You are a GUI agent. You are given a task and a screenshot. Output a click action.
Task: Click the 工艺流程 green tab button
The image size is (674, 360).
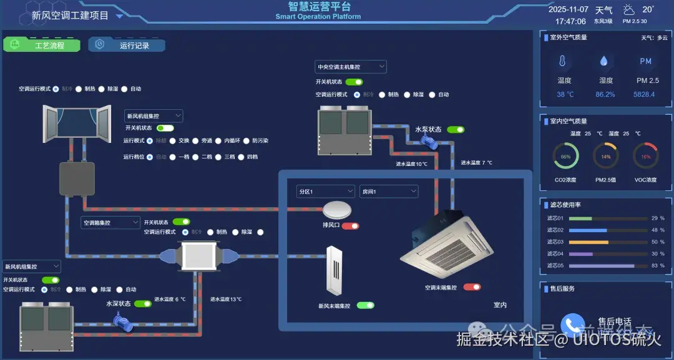click(42, 45)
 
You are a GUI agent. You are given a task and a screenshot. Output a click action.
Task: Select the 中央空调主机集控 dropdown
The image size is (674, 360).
click(351, 67)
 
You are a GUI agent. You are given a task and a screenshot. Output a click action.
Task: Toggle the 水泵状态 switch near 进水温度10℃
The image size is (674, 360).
click(456, 130)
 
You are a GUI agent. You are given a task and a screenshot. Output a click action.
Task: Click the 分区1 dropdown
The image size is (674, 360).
click(325, 192)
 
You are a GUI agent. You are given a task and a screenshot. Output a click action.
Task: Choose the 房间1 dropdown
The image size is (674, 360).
click(388, 192)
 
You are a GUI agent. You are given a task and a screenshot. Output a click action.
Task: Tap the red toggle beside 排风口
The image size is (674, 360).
click(350, 226)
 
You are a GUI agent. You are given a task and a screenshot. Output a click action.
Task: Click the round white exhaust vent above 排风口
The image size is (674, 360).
click(338, 208)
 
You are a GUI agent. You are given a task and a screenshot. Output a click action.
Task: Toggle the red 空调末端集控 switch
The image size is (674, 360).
click(472, 287)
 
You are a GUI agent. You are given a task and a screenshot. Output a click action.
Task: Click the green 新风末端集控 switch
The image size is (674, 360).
click(365, 306)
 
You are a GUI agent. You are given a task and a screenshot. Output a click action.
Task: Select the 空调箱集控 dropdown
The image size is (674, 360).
click(110, 222)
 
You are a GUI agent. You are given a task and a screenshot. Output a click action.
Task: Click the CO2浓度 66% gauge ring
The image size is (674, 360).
click(565, 157)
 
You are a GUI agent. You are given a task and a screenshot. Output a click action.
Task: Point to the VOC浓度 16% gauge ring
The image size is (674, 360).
click(645, 157)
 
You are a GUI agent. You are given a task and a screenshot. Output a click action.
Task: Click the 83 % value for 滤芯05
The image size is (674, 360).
click(657, 266)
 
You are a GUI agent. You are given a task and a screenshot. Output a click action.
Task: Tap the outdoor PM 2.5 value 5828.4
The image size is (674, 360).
click(645, 94)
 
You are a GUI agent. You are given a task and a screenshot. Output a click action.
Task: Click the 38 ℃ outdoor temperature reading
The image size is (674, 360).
click(565, 94)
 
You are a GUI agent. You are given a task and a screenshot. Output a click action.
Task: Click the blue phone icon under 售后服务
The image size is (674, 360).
click(572, 324)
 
